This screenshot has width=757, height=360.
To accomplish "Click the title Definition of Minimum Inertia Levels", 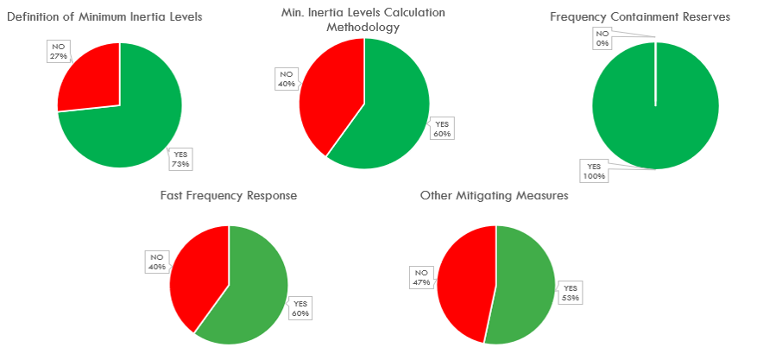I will (x=104, y=17).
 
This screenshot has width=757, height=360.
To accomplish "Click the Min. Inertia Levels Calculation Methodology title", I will (x=363, y=20).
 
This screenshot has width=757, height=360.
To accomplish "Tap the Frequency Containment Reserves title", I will (x=653, y=17).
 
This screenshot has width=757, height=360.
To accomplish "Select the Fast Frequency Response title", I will (x=229, y=196).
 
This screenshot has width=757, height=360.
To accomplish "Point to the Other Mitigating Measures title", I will (x=494, y=196).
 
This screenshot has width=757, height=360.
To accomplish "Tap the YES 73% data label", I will (x=180, y=159).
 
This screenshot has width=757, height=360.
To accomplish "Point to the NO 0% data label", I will (x=602, y=39).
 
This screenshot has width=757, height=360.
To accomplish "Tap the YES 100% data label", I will (x=594, y=171).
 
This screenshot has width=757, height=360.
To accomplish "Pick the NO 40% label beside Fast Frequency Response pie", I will (x=156, y=262).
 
